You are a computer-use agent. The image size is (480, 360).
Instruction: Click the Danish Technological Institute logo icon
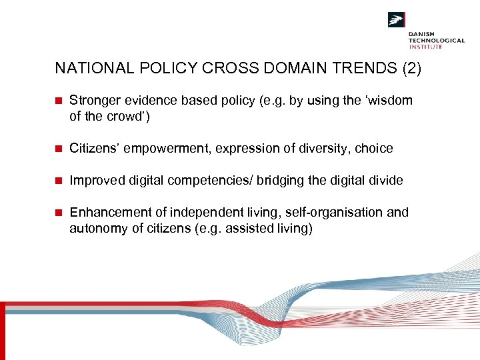coord(397,20)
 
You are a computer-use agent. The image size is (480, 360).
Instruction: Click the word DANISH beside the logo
coord(421,33)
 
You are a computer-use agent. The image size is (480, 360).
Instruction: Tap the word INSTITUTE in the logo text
coord(426,47)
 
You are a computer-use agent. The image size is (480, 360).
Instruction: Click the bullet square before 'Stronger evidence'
coord(58,101)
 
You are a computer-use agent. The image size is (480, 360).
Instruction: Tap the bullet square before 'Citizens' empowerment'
coord(58,149)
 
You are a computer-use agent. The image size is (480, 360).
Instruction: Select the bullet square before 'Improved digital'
coord(58,181)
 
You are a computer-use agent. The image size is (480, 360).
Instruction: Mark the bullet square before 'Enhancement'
coord(58,213)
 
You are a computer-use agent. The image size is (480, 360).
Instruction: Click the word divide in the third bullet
coord(387,181)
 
